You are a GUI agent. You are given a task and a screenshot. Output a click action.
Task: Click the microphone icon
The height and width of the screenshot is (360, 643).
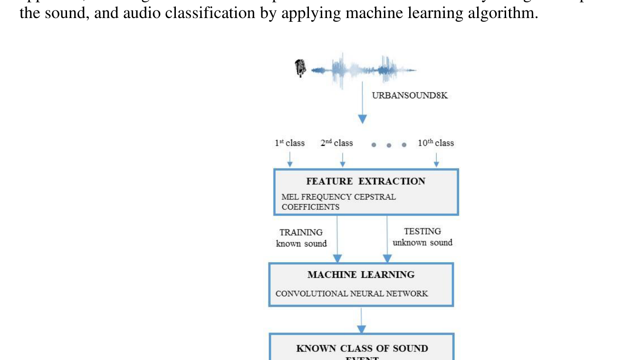coord(300,68)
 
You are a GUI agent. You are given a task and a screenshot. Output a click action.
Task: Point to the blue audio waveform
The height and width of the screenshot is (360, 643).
coord(364,70)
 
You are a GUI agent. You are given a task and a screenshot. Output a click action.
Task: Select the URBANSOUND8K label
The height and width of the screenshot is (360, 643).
coord(410,95)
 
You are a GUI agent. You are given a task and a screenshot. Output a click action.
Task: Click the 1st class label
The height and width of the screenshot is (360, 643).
coord(289,143)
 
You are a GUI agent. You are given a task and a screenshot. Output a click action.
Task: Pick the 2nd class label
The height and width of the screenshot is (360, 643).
coord(336,143)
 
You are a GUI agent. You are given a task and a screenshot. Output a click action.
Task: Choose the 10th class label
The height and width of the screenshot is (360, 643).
coord(436,143)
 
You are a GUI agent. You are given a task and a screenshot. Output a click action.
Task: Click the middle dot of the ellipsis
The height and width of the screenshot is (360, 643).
coord(389,145)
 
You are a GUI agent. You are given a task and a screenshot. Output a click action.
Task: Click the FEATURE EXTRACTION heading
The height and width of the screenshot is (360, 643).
coord(365,181)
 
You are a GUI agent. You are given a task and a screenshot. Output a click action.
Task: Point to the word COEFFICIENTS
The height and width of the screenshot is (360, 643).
coord(310,207)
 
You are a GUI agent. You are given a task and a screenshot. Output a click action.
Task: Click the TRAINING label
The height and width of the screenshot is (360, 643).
coord(301,232)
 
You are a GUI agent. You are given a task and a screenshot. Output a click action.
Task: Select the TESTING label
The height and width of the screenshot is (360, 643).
coord(422,231)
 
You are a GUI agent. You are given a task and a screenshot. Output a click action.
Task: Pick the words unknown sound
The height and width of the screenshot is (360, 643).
coord(422,243)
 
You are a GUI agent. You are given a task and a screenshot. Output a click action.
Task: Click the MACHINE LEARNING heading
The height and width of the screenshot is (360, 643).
coord(361,275)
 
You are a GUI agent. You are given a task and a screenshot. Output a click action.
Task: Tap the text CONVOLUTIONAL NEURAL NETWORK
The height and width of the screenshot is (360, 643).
coord(352,294)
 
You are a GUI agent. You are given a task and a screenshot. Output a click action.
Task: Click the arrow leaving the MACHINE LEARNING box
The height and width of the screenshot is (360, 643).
coord(361,320)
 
